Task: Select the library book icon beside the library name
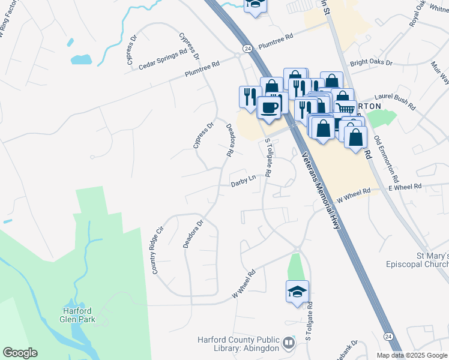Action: tap(289, 343)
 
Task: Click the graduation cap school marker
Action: tap(297, 292)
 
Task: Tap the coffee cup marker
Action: tap(269, 107)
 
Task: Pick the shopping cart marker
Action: tap(344, 108)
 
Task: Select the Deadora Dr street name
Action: tap(193, 233)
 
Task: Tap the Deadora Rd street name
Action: tap(229, 140)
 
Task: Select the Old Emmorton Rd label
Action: tap(386, 159)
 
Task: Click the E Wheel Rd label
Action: tap(405, 188)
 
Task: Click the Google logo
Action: tap(20, 353)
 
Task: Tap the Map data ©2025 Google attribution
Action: tap(412, 355)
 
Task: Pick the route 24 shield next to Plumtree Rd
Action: tap(247, 47)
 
